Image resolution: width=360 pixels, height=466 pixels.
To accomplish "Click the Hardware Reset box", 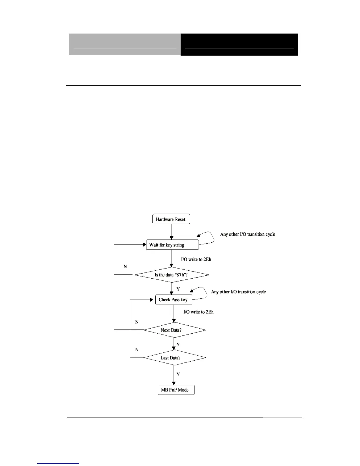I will pos(171,219).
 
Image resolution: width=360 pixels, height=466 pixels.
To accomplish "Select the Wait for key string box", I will pos(172,245).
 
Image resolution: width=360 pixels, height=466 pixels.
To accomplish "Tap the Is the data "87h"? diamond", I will pos(171,275).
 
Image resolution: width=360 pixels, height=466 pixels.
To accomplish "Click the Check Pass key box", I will pos(174,299).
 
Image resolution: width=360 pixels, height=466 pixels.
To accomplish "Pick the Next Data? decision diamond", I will pos(174,330).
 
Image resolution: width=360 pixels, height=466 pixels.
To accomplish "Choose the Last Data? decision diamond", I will pos(174,358).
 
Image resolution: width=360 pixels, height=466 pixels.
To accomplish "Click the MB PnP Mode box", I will pos(176,390).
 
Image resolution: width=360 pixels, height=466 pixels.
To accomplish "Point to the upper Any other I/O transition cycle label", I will pos(248,234).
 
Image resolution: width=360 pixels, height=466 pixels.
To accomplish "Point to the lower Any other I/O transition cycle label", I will pos(238,292).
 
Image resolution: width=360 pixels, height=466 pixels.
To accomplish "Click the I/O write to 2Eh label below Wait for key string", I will pos(196,259).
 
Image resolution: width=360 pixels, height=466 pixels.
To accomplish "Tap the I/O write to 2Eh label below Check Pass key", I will pos(199,312).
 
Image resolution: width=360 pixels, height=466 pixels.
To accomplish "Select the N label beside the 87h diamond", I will pos(125,267).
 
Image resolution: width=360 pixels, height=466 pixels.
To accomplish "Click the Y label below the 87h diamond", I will pos(178,289).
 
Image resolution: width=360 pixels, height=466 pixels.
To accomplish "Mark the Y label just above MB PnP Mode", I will pos(178,375).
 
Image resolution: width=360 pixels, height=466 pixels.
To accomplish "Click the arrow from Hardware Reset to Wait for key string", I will pos(171,232).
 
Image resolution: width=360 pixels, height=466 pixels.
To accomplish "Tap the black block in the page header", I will pos(239,44).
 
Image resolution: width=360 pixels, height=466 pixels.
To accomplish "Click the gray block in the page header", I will pos(125,44).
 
